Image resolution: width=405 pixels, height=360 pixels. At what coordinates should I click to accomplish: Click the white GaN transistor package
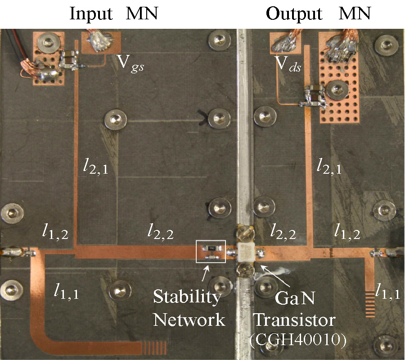coord(245,254)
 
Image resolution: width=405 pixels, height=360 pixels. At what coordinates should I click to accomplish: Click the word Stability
coord(187,297)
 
